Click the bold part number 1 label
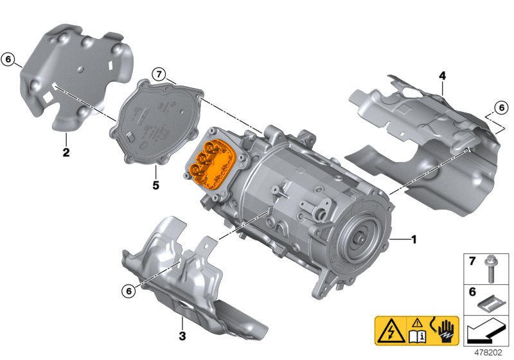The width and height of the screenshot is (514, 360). (x=414, y=240)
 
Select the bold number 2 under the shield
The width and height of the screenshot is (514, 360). (x=66, y=152)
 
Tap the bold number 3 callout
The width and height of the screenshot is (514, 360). (x=182, y=336)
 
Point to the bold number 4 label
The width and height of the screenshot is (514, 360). (x=442, y=76)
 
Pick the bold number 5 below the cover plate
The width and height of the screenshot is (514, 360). (x=155, y=185)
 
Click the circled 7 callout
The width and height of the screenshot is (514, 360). (x=159, y=75)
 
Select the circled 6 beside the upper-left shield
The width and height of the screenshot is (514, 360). (x=8, y=59)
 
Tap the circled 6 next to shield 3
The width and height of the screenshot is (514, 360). (x=128, y=291)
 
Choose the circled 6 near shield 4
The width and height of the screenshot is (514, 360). (x=501, y=107)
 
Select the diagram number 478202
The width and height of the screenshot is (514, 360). (x=488, y=353)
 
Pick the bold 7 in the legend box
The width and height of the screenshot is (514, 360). (x=472, y=261)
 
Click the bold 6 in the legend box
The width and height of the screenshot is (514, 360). (x=472, y=291)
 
